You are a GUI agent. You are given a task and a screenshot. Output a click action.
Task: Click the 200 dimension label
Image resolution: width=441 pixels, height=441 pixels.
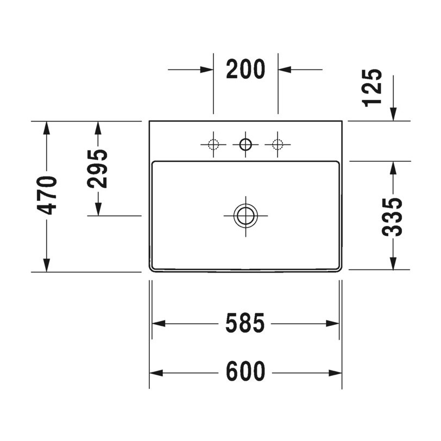(x=245, y=70)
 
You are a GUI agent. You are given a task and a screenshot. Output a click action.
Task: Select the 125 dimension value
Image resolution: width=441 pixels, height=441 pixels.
(x=373, y=88)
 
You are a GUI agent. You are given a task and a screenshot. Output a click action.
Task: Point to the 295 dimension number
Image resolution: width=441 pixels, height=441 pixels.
(x=98, y=168)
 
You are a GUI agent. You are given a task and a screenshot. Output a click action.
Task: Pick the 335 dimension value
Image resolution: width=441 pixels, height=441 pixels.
(x=392, y=217)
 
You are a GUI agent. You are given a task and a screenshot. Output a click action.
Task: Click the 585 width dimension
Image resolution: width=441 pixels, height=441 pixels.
(x=245, y=323)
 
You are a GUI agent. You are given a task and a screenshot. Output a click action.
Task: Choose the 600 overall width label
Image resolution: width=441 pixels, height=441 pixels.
(x=245, y=373)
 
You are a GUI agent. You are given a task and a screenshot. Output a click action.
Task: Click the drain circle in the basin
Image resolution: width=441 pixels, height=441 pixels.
(x=245, y=215)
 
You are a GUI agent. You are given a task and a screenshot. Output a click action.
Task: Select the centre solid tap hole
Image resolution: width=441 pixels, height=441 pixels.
(x=245, y=144)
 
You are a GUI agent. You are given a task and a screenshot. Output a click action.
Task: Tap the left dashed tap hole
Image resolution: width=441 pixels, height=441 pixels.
(x=213, y=144)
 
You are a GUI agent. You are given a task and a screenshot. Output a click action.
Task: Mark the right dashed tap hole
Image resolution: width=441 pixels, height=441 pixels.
(x=278, y=144)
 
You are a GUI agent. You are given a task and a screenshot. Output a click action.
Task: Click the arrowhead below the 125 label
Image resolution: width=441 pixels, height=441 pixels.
(x=393, y=114)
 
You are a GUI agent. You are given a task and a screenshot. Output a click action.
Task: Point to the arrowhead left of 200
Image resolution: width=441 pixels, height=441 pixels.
(x=206, y=70)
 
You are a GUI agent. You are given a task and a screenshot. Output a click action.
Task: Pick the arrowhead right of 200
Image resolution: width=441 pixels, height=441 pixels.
(x=285, y=70)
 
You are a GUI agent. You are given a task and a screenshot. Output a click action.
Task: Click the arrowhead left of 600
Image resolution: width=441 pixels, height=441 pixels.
(x=156, y=373)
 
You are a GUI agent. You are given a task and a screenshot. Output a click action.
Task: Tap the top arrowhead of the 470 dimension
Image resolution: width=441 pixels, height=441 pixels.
(x=47, y=128)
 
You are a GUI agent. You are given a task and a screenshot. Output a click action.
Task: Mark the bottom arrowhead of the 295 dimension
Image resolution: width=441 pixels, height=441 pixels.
(x=98, y=209)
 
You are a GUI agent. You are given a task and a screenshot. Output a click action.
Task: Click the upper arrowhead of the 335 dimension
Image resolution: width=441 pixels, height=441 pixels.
(x=393, y=168)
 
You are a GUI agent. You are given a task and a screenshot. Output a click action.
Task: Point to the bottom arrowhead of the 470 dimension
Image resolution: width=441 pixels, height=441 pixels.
(x=47, y=264)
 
